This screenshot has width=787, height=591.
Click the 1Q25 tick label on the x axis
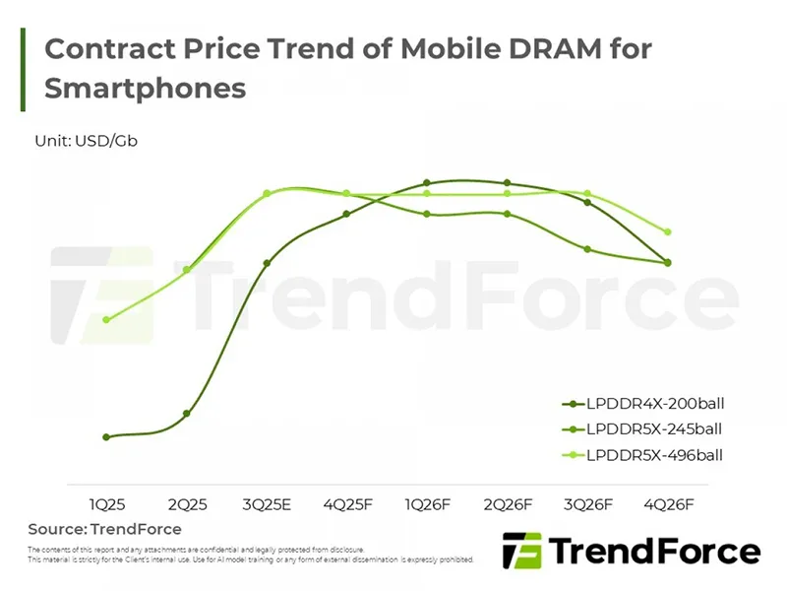click(106, 503)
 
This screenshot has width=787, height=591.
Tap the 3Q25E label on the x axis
click(266, 503)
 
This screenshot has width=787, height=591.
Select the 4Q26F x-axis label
click(668, 503)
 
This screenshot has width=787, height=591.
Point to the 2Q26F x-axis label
click(508, 503)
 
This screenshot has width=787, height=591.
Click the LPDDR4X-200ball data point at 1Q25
click(106, 436)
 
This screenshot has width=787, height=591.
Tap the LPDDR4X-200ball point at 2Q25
click(187, 414)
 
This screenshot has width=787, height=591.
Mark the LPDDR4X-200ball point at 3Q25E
click(267, 263)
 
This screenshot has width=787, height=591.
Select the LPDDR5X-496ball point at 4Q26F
click(668, 232)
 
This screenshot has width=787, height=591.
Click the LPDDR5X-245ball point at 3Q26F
click(587, 249)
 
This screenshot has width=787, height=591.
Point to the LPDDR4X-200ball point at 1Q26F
click(427, 183)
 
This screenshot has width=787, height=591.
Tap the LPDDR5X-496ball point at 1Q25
click(106, 319)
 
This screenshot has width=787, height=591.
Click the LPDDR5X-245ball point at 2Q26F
click(508, 214)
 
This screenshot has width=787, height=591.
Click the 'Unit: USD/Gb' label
click(86, 140)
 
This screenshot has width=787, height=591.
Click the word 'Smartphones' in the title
click(145, 88)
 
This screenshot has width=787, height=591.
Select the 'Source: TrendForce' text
click(104, 529)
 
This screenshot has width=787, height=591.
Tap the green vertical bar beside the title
click(23, 69)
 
